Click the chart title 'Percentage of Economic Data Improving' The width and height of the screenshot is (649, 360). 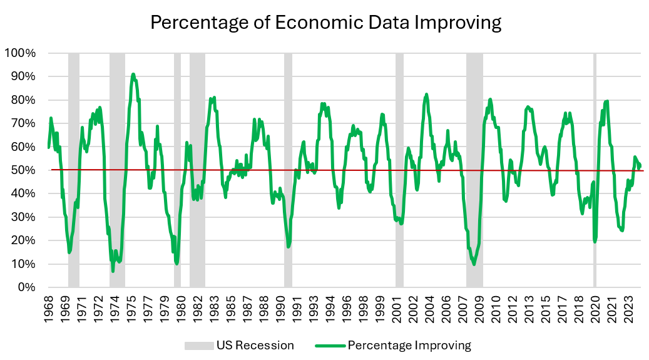[x=326, y=23]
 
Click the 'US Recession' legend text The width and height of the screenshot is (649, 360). [x=255, y=346]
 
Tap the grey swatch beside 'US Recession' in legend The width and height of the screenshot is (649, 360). [x=198, y=346]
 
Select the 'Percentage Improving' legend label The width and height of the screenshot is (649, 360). [x=409, y=346]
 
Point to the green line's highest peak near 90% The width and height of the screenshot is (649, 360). [x=133, y=74]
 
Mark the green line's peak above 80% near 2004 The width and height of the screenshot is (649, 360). [x=426, y=95]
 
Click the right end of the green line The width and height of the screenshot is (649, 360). [x=640, y=165]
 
